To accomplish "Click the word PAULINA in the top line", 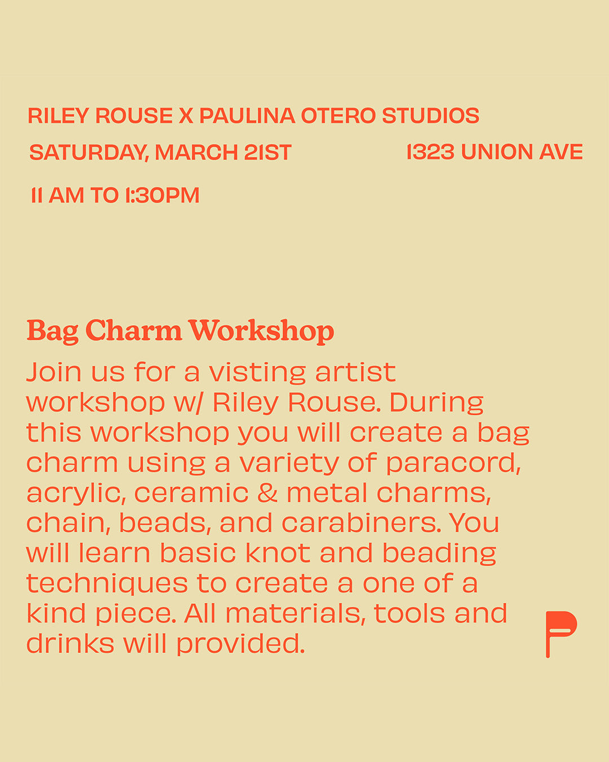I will point(247,116).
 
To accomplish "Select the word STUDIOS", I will point(431,116).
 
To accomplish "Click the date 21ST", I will point(268,152).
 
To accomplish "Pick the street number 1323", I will point(430,152).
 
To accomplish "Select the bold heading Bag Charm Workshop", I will point(180,331).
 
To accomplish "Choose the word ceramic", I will point(191,493).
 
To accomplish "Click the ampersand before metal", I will point(267,493).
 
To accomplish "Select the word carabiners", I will point(361,523).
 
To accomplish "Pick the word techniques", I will point(107,584).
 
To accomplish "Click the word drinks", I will point(70,643).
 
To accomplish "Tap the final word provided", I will point(240,644).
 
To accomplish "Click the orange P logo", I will point(560,633).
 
